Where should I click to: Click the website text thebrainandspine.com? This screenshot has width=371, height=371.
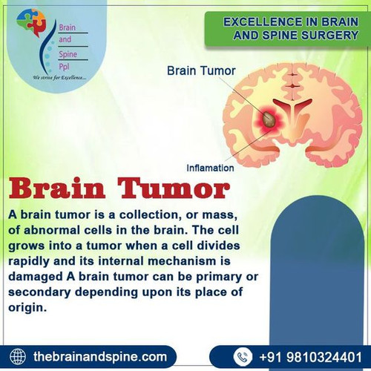(100, 356)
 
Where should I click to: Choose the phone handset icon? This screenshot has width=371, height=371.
(244, 356)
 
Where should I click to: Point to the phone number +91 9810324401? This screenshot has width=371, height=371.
(312, 356)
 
